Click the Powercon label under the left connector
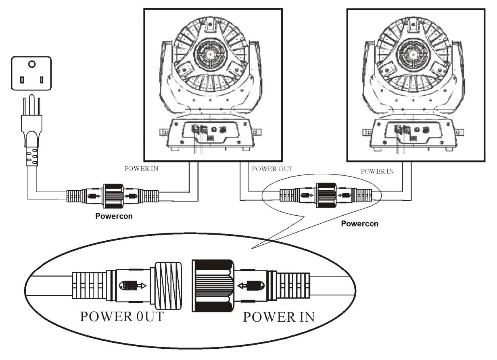tap(114, 216)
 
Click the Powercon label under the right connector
tap(359, 223)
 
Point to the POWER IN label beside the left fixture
tap(141, 169)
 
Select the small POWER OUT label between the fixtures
tap(271, 169)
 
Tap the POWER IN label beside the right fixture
tap(377, 171)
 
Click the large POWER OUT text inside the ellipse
tap(122, 316)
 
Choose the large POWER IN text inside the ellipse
tap(278, 317)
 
